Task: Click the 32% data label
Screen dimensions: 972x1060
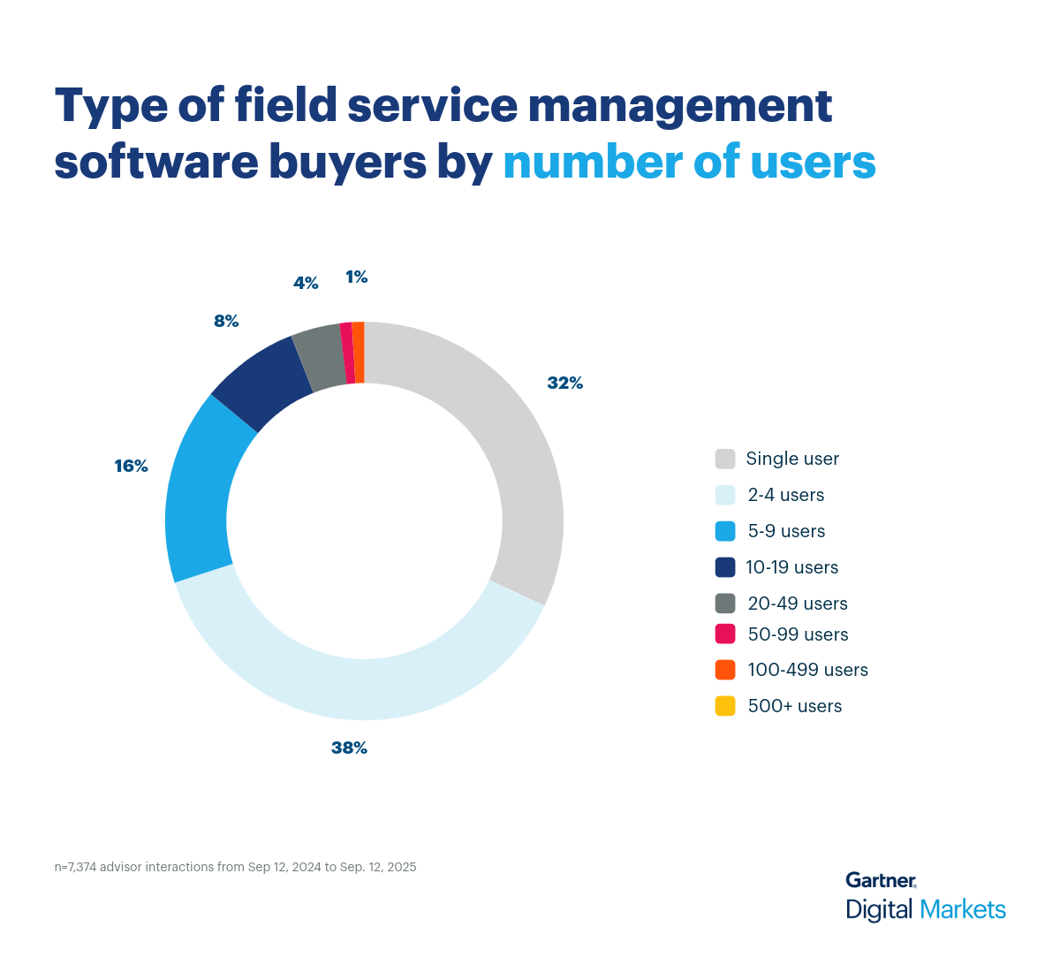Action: (564, 383)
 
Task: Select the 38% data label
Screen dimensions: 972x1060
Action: (349, 748)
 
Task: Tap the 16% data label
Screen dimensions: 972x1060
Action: (131, 466)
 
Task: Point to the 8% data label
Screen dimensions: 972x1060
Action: (226, 321)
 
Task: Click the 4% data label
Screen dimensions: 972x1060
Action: (306, 283)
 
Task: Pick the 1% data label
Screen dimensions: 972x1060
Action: (356, 277)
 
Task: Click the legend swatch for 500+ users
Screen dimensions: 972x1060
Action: (725, 706)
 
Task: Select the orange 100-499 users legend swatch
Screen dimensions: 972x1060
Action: (725, 670)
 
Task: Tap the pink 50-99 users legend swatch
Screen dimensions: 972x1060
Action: (725, 634)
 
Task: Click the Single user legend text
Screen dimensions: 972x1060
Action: (792, 459)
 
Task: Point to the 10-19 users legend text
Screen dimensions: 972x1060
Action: (791, 567)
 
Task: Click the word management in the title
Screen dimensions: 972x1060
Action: (679, 105)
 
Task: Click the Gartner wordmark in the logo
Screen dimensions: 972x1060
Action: (881, 880)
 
